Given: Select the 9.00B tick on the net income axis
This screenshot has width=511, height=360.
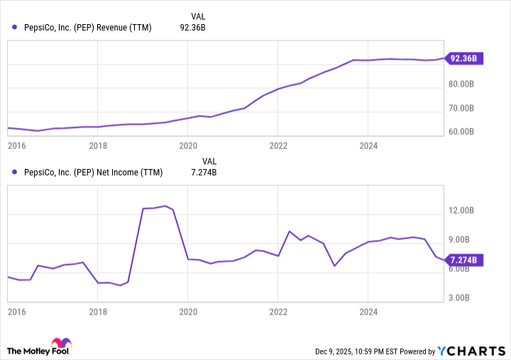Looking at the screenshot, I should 468,240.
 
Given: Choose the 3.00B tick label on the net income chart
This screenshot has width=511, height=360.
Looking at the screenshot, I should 468,298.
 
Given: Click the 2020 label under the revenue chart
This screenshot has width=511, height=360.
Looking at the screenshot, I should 187,146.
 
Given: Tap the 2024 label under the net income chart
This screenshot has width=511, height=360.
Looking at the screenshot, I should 368,312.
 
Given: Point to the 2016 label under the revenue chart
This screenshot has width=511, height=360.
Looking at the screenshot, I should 16,146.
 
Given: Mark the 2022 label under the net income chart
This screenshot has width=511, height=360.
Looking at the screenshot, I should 278,312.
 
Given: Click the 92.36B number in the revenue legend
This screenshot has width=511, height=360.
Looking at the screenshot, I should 193,28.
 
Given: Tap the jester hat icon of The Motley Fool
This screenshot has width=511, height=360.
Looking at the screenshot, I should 61,344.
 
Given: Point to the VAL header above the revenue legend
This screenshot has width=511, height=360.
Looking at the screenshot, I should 199,16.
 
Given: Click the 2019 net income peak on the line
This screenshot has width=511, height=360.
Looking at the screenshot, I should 165,206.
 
